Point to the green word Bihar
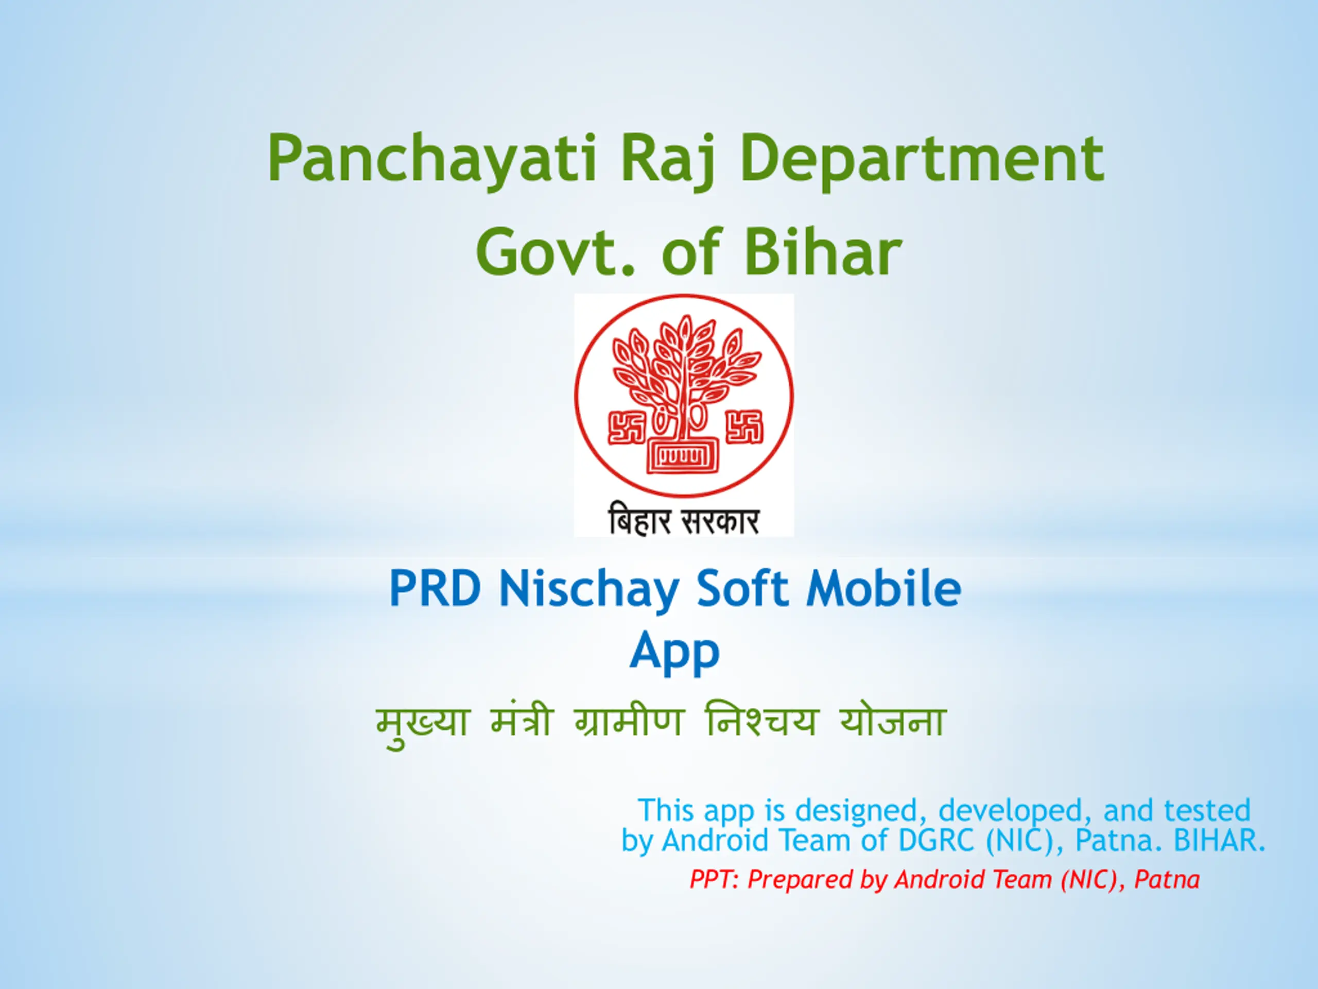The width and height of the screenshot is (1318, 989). (x=823, y=252)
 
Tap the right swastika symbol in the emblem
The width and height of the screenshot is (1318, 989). (x=743, y=427)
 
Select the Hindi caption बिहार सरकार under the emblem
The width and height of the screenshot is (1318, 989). (x=683, y=520)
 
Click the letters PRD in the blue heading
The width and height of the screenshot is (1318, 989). (x=435, y=588)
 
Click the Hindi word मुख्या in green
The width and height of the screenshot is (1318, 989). (x=423, y=724)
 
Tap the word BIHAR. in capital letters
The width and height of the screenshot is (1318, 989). (x=1219, y=840)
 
